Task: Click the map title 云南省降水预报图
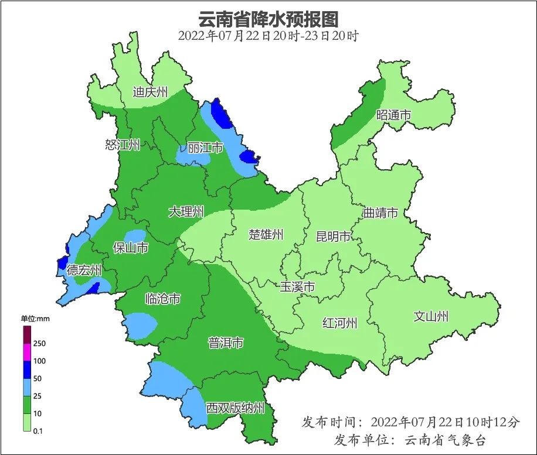268,19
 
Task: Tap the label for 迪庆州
150,92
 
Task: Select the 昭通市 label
393,115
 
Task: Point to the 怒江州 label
123,145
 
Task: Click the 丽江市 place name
205,148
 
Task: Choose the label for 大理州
186,211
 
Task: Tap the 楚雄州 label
266,235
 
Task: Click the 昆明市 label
333,237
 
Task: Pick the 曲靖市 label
380,213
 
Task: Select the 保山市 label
130,248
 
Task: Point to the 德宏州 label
84,270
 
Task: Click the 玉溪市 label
297,287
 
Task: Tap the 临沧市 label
162,299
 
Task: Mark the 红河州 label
339,323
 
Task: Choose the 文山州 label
431,317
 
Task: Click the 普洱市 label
226,343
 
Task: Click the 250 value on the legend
40,343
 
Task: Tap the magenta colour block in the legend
27,353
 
